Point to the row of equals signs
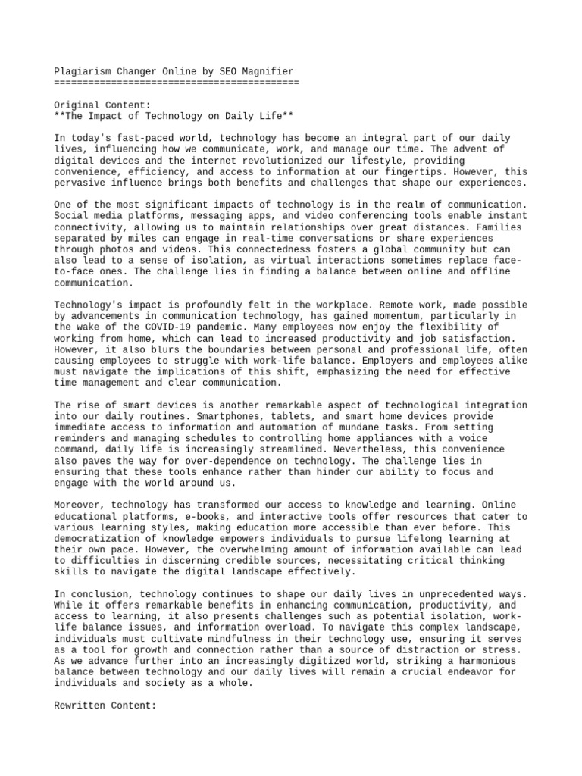(x=177, y=82)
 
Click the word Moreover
(x=79, y=505)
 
